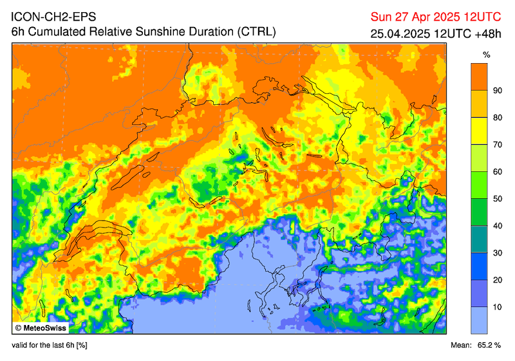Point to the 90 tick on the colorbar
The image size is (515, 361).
pyautogui.click(x=497, y=90)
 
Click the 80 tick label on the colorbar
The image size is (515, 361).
pyautogui.click(x=497, y=117)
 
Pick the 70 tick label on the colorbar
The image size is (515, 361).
pyautogui.click(x=497, y=144)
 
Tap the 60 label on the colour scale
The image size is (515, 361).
pyautogui.click(x=497, y=172)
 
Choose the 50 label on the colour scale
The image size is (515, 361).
pyautogui.click(x=497, y=199)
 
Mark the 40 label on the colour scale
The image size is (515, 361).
pyautogui.click(x=497, y=226)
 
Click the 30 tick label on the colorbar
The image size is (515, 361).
pyautogui.click(x=497, y=253)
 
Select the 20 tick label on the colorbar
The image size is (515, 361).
pyautogui.click(x=497, y=280)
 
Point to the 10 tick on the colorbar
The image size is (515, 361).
pyautogui.click(x=497, y=307)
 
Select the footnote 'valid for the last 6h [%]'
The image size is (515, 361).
pyautogui.click(x=50, y=346)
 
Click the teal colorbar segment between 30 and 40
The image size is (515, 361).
pyautogui.click(x=478, y=239)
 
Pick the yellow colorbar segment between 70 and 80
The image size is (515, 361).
pyautogui.click(x=478, y=131)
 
